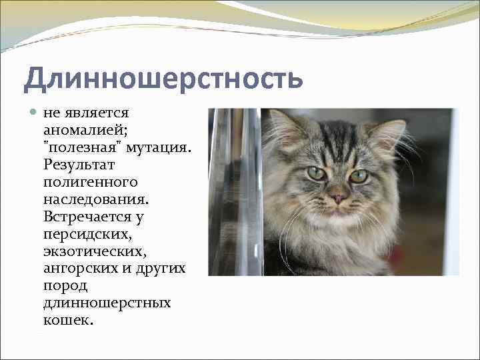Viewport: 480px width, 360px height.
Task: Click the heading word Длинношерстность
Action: (x=163, y=79)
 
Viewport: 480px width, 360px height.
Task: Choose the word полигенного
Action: (x=90, y=181)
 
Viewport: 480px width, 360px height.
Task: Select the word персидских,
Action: (x=83, y=234)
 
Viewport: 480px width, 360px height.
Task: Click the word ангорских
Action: (x=82, y=269)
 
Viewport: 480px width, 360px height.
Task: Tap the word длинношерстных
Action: (x=107, y=303)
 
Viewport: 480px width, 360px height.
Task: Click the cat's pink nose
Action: (x=337, y=198)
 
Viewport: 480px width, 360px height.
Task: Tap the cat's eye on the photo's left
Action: (x=316, y=173)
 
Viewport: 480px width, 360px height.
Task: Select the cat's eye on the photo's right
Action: (x=359, y=176)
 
